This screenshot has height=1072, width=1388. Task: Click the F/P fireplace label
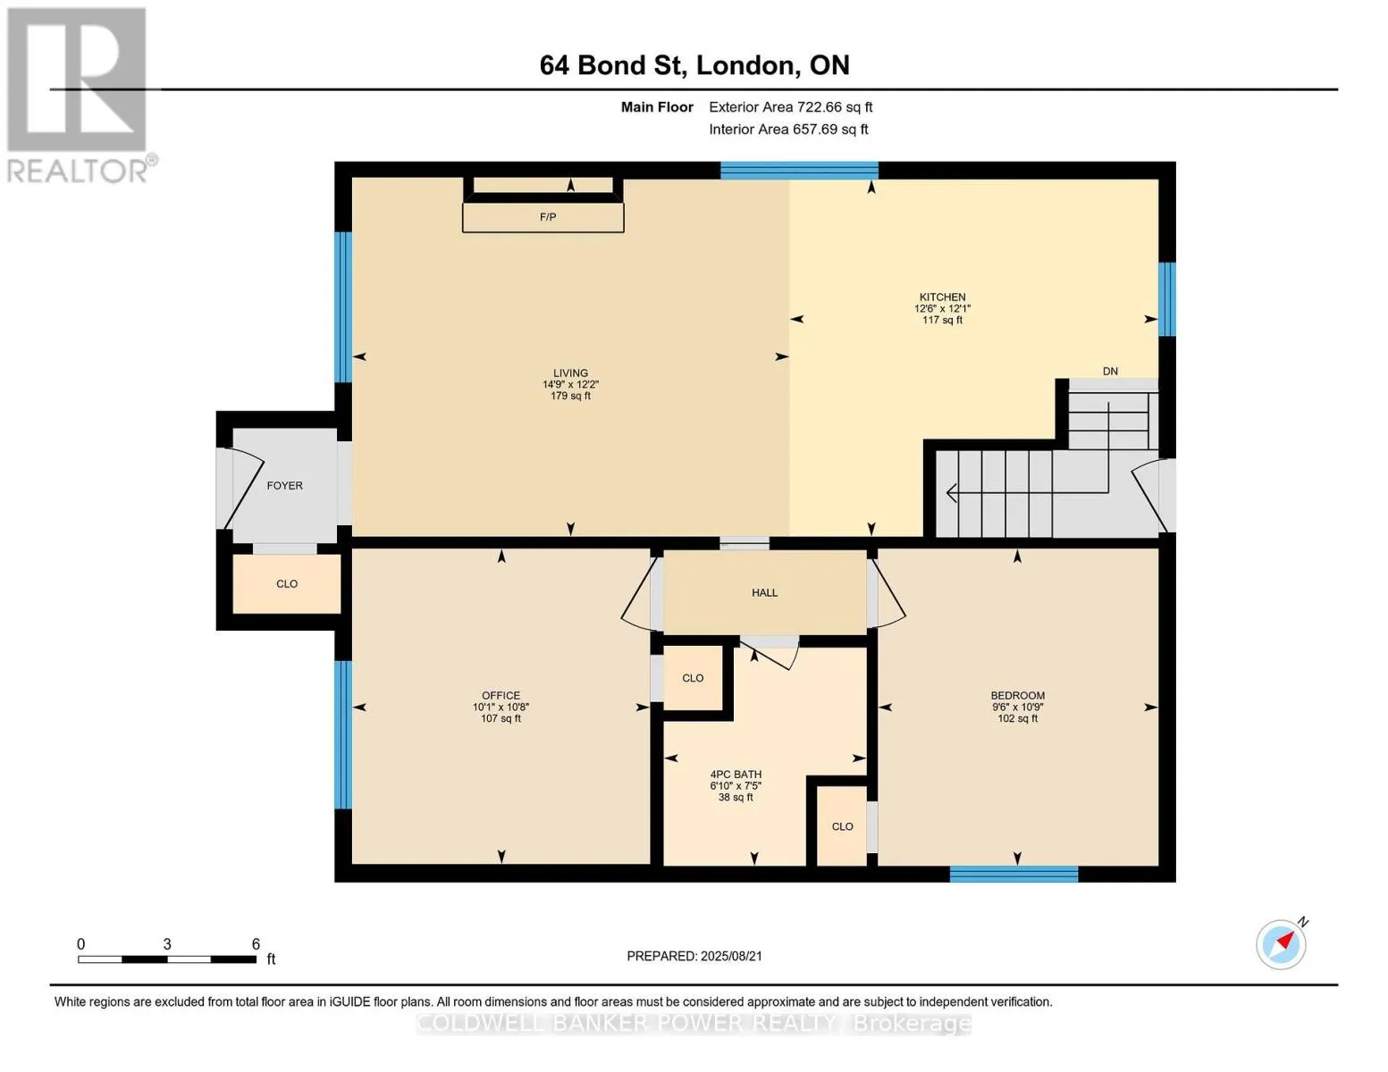(547, 217)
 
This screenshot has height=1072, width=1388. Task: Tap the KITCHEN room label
(942, 297)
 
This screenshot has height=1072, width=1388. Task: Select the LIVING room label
(570, 373)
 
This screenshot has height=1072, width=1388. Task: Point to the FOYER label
(285, 485)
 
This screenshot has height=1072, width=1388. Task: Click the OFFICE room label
(501, 695)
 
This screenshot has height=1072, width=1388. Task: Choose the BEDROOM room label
(1017, 695)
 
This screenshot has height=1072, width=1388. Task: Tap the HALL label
(764, 592)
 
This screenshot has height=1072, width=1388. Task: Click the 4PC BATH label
(736, 774)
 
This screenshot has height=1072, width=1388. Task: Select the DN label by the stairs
(1110, 371)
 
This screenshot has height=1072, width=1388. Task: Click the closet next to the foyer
(287, 583)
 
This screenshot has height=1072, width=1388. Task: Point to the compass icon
(1282, 944)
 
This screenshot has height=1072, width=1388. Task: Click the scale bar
(167, 959)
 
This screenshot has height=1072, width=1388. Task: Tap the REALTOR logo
(80, 96)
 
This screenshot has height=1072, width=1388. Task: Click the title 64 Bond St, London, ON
(694, 65)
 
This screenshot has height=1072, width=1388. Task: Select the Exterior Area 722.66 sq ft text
(791, 107)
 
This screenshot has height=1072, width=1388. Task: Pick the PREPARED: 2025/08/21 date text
(694, 956)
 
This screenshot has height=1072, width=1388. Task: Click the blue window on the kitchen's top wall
(799, 171)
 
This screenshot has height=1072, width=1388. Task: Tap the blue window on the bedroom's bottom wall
(1014, 874)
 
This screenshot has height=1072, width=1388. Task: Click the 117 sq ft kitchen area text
(942, 320)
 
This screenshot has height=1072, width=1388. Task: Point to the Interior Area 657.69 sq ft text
(789, 130)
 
